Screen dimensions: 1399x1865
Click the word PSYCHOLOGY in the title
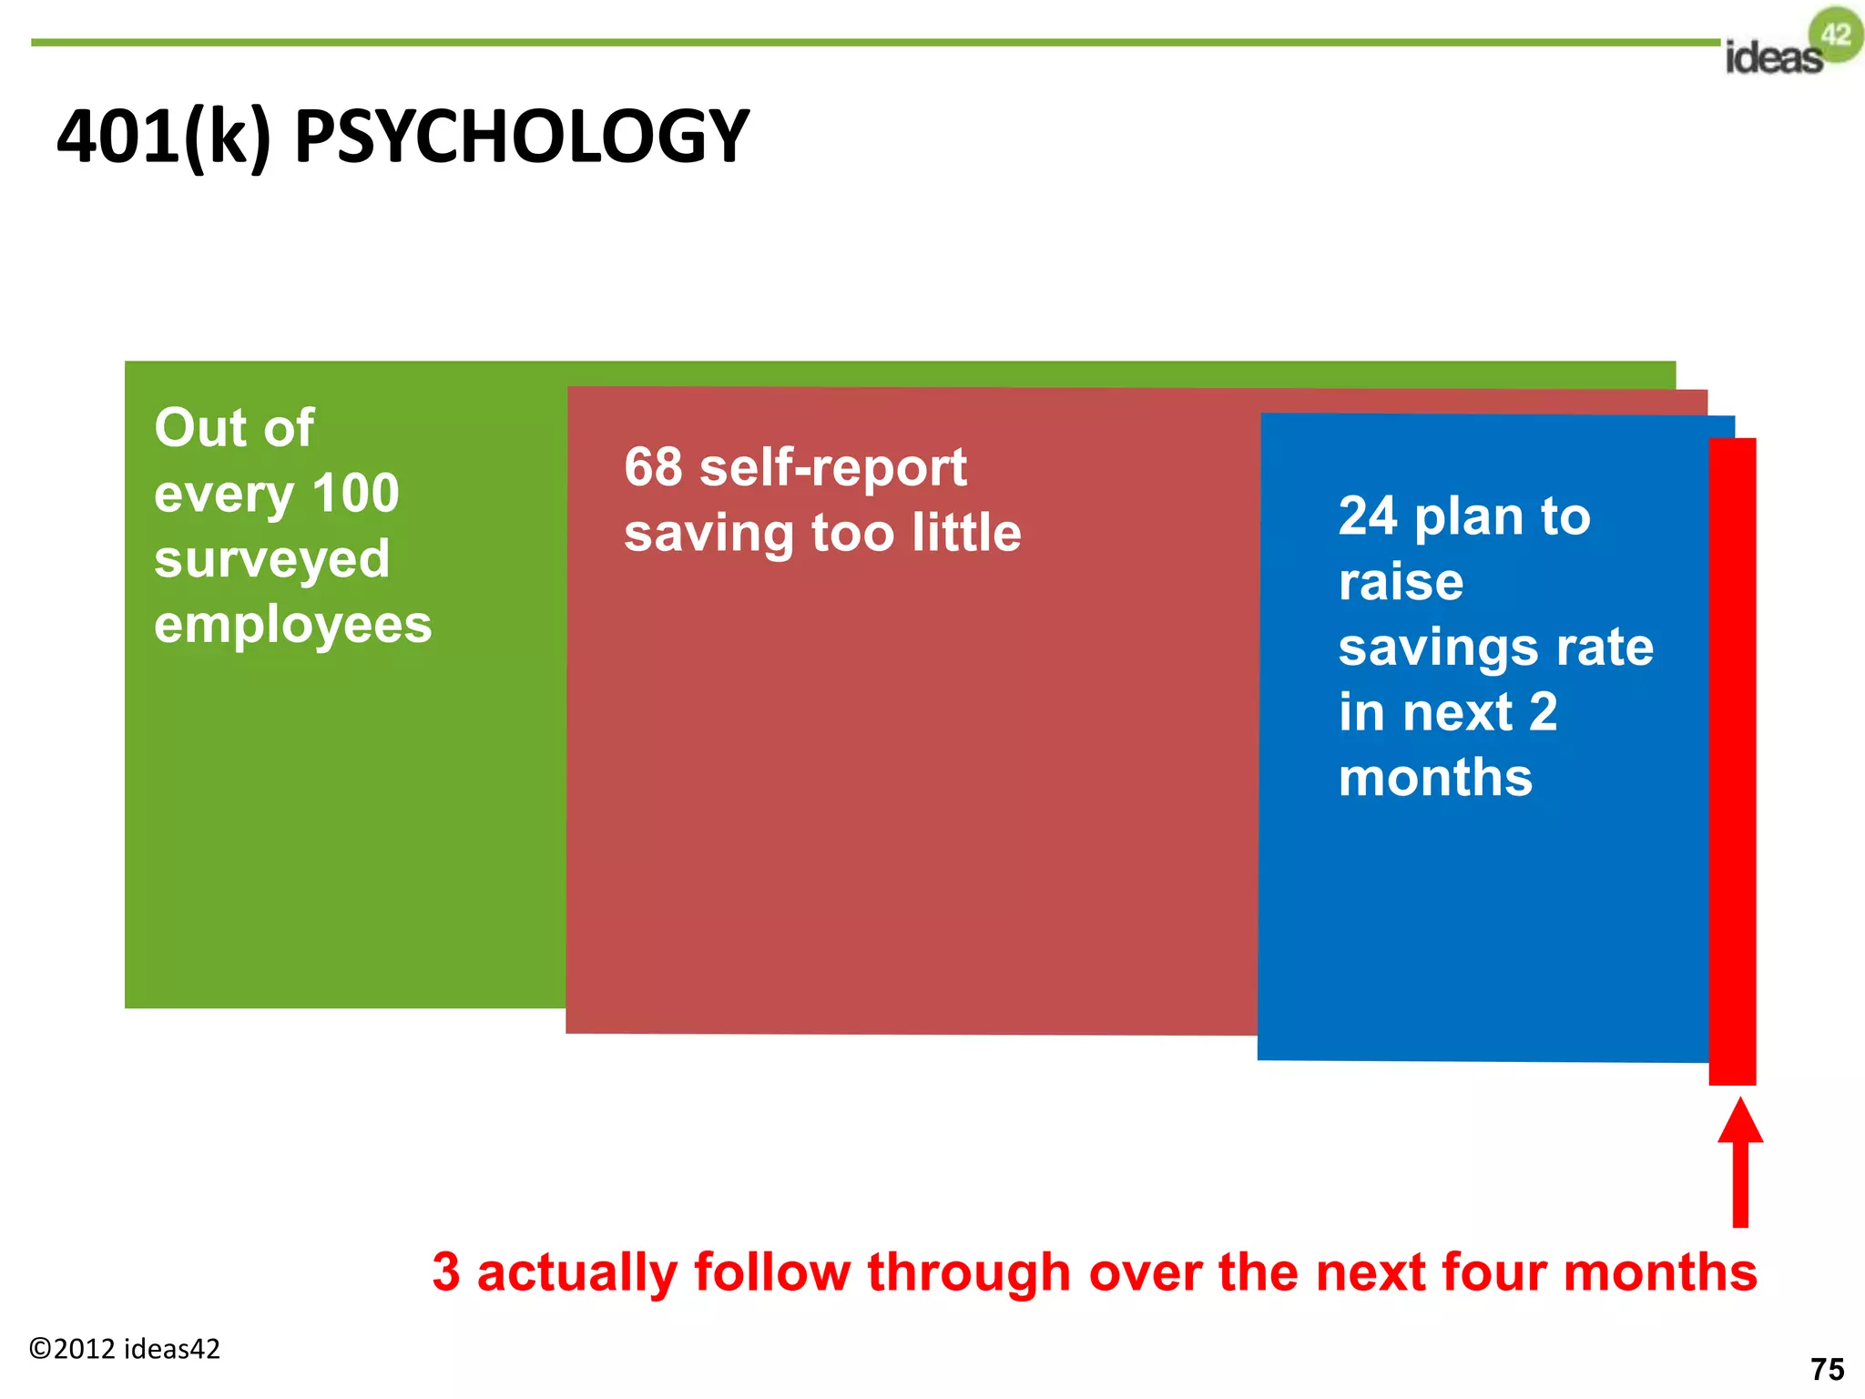tap(521, 137)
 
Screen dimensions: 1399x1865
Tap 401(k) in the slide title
tap(164, 137)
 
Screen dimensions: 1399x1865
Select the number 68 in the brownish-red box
tap(653, 467)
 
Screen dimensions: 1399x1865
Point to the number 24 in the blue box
tap(1368, 516)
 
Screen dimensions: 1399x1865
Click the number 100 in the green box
tap(355, 493)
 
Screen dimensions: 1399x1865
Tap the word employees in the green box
tap(292, 625)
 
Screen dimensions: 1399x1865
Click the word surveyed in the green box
tap(271, 559)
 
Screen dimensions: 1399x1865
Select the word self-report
tap(832, 467)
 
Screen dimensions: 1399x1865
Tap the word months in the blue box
tap(1435, 778)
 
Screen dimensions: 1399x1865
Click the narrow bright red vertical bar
tap(1732, 761)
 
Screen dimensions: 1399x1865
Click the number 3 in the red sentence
tap(446, 1271)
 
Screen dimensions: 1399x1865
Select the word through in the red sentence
tap(968, 1271)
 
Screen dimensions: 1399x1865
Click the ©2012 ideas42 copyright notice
tap(125, 1349)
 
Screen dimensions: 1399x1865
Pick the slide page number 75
tap(1827, 1369)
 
